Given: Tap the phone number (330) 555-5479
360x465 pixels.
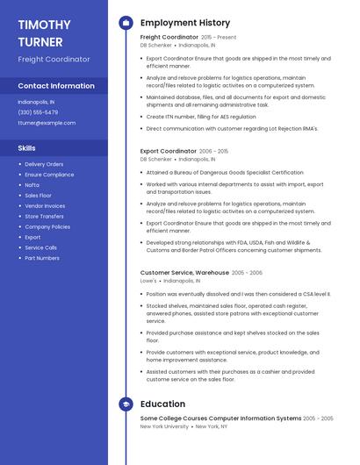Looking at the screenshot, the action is click(x=38, y=112).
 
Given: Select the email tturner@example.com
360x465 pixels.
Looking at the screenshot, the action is click(x=47, y=123).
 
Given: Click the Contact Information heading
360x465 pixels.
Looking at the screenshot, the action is click(x=56, y=86).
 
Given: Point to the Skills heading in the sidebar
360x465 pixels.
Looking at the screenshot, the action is click(x=27, y=148).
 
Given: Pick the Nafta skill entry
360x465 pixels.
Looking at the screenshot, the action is click(x=32, y=184).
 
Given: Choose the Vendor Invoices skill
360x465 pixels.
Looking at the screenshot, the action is click(x=45, y=205).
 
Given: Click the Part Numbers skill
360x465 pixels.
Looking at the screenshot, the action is click(x=42, y=258).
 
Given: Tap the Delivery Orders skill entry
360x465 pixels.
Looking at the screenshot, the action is click(x=44, y=164).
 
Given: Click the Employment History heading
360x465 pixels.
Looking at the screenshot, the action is click(x=185, y=23).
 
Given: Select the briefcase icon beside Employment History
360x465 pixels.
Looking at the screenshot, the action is click(x=126, y=23).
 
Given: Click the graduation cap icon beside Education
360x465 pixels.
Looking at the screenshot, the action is click(x=126, y=404).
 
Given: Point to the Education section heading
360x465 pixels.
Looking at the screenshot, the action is click(x=162, y=404).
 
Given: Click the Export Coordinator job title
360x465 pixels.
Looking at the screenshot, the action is click(x=169, y=151).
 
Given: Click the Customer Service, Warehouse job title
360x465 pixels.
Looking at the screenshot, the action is click(x=184, y=273).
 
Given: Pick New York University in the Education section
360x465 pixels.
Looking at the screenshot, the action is click(x=164, y=426).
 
